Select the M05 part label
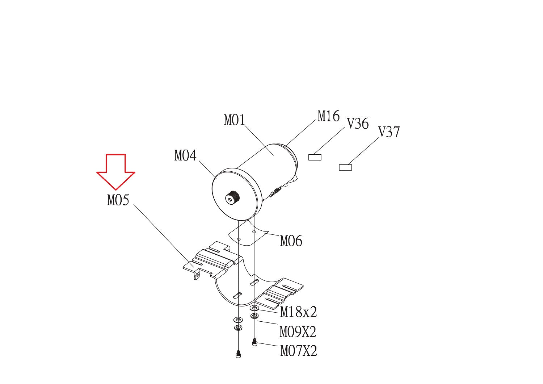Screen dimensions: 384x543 click(118, 200)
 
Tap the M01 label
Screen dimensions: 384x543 click(235, 120)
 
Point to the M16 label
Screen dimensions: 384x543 click(329, 116)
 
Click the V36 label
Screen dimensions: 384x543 click(358, 124)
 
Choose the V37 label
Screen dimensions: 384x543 click(389, 132)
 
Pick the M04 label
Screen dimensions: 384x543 click(185, 156)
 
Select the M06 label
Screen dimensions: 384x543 click(291, 241)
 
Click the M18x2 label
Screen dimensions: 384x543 click(298, 312)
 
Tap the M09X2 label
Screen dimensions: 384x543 click(298, 332)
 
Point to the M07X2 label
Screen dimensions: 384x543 click(299, 351)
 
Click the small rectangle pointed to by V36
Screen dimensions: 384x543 click(315, 157)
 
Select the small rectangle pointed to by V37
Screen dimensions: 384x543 click(345, 167)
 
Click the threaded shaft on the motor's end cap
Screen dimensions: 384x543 click(232, 198)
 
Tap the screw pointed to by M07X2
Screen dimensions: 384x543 click(254, 342)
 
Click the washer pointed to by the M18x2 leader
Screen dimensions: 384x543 click(254, 308)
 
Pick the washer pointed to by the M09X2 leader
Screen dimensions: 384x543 click(254, 316)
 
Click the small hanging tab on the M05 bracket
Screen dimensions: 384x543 click(197, 275)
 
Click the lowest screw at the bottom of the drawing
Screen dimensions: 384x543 click(238, 354)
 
